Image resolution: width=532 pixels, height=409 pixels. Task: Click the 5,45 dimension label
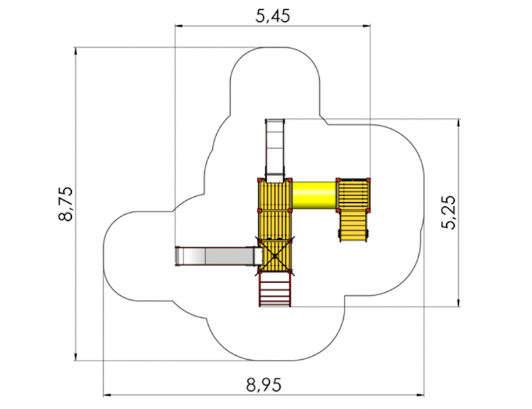273,16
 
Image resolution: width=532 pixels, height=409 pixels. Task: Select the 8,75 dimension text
65,204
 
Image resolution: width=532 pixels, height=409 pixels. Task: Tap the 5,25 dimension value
450,212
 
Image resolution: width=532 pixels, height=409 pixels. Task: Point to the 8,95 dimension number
263,385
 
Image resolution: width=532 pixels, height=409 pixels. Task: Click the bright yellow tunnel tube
314,195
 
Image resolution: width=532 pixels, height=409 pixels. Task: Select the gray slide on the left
219,256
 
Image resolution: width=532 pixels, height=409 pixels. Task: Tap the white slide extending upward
275,150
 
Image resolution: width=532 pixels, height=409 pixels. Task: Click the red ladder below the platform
275,289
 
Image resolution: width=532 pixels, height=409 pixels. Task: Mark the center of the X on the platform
275,255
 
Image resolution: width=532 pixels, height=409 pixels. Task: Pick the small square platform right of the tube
353,195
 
